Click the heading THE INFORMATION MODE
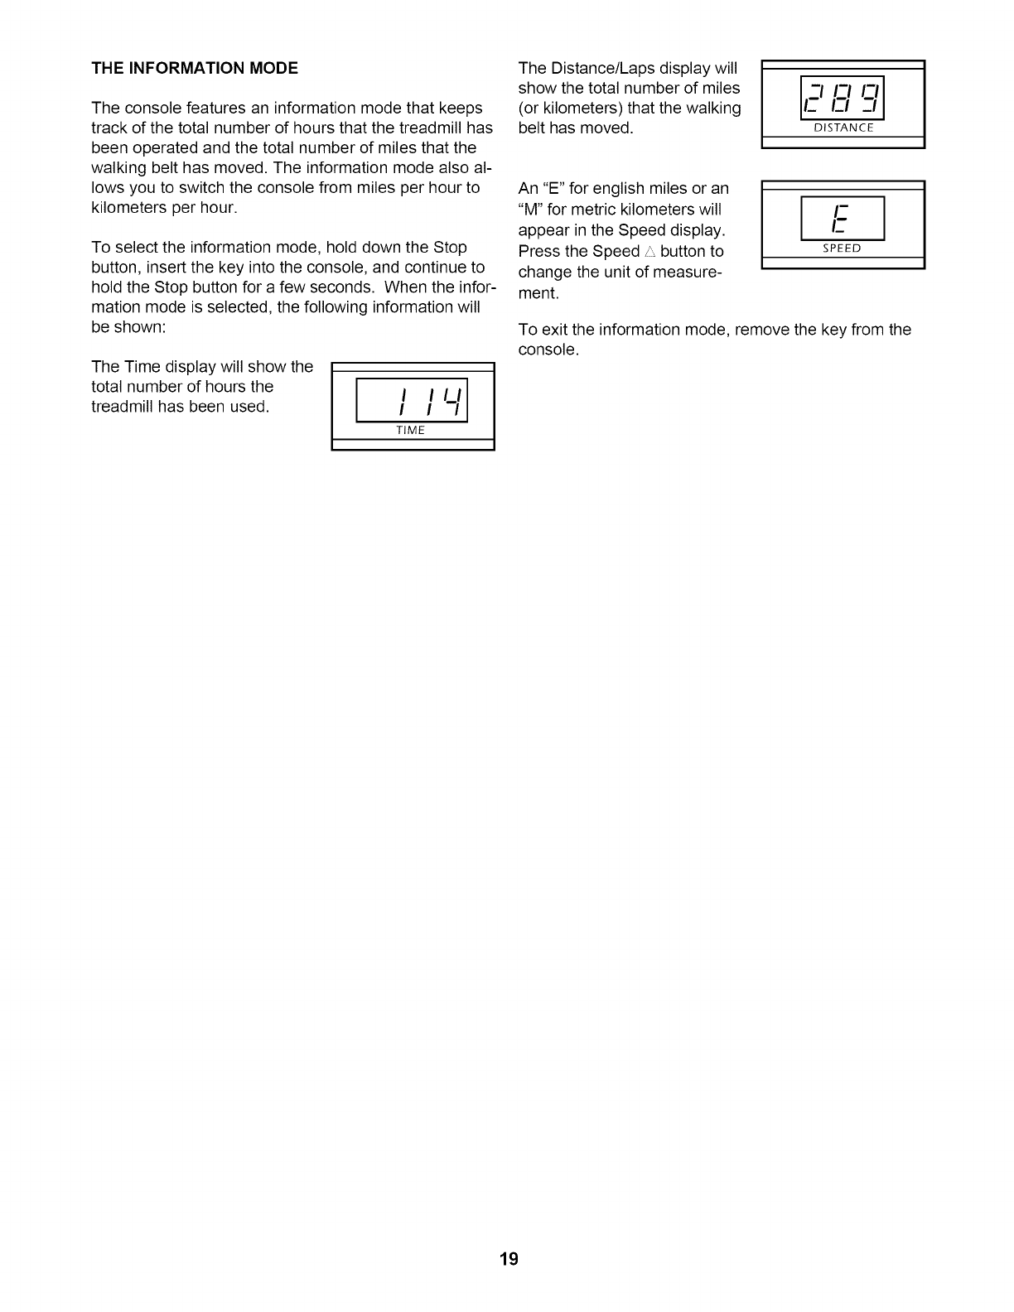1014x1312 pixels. coord(195,69)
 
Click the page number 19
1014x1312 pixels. coord(509,1259)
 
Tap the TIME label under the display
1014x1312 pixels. coord(410,430)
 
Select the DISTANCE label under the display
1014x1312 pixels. coord(843,128)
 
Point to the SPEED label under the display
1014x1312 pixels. coord(842,248)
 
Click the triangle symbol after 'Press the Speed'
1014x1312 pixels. coord(650,252)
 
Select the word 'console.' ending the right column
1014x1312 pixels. coord(548,350)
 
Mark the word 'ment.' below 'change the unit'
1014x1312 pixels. coord(538,294)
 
